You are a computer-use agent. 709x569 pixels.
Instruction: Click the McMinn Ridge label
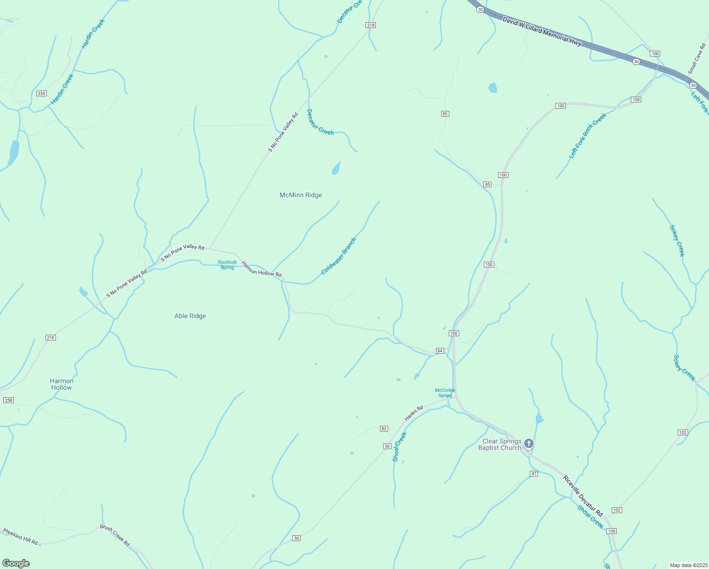click(300, 195)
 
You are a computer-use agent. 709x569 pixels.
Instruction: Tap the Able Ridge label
click(190, 316)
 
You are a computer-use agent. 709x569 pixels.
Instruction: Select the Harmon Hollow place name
click(62, 384)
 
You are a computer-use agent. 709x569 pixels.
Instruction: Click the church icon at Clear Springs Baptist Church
click(529, 444)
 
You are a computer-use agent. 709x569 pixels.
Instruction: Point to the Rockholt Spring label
click(227, 265)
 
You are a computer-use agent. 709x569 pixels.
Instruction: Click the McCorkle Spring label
click(445, 393)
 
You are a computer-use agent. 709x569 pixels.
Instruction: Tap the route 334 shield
click(42, 93)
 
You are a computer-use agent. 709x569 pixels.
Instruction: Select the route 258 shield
click(9, 400)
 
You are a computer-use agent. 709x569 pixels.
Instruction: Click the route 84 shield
click(440, 351)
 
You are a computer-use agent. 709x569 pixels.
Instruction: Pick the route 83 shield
click(384, 429)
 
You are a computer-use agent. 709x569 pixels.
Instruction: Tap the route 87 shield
click(534, 474)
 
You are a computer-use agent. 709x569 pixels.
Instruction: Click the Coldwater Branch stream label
click(338, 256)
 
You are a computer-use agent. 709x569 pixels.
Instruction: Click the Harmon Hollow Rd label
click(262, 269)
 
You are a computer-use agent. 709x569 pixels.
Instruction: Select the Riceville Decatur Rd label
click(583, 496)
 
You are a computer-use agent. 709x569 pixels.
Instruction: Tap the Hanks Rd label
click(414, 413)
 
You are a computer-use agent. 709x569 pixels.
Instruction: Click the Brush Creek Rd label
click(115, 535)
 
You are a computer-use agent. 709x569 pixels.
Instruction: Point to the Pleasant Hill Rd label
click(20, 536)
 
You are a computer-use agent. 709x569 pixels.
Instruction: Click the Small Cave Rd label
click(697, 59)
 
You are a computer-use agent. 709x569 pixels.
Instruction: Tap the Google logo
click(16, 563)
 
